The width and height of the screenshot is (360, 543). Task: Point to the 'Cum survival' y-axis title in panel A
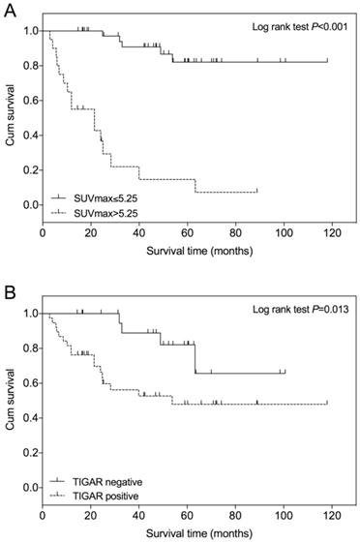coord(11,123)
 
